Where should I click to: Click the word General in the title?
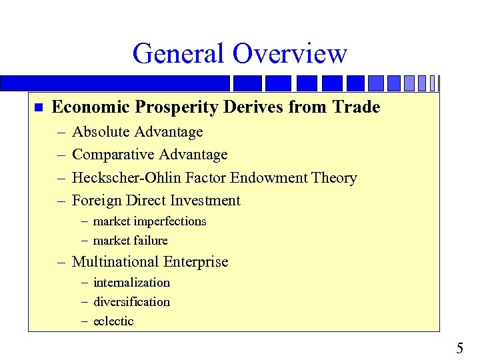(x=175, y=53)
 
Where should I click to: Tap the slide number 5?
(x=459, y=348)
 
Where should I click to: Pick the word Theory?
(x=336, y=178)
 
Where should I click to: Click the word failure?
(x=149, y=241)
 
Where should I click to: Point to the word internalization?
(x=131, y=283)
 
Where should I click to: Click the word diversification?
(x=131, y=302)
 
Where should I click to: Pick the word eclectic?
(x=113, y=321)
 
